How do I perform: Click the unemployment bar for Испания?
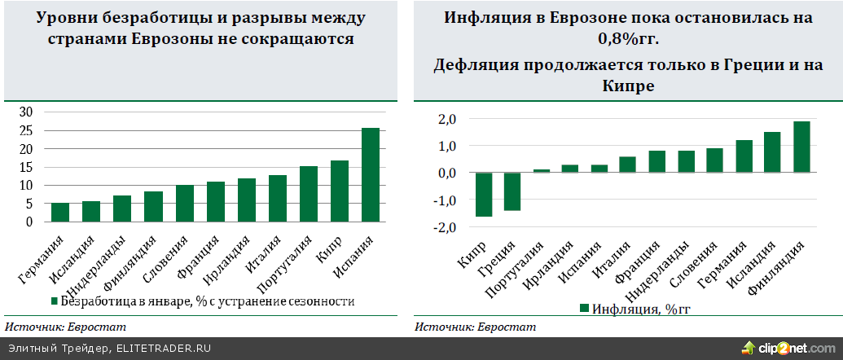pos(371,174)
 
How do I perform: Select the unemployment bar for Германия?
pos(60,212)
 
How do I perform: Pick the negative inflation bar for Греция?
pos(512,191)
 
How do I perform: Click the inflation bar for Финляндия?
pos(802,147)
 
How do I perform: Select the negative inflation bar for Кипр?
pos(484,195)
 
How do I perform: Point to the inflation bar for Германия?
pos(744,156)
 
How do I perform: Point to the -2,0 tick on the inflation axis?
pos(443,228)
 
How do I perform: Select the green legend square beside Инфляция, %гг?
pos(583,309)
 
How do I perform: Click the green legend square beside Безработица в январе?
pos(55,301)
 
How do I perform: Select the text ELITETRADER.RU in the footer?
pos(165,349)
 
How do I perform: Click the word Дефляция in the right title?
pos(474,64)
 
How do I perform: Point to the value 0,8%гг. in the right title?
pos(628,37)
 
